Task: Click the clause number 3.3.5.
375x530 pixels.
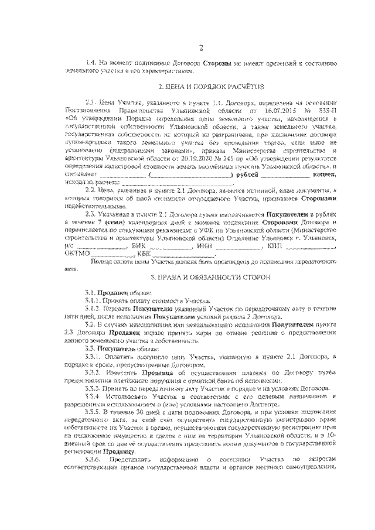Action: coord(95,412)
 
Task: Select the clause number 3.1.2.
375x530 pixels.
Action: coord(94,307)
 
